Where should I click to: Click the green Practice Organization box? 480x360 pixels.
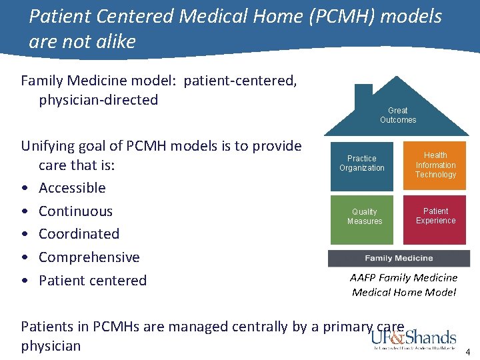(x=362, y=164)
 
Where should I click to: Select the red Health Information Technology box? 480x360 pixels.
(x=435, y=165)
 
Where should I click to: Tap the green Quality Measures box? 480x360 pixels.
(x=365, y=217)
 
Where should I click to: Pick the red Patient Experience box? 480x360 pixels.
(x=435, y=217)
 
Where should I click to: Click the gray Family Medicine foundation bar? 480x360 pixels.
(x=399, y=259)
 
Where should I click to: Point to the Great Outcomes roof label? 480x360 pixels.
(x=398, y=115)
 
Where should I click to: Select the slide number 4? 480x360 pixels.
(x=467, y=352)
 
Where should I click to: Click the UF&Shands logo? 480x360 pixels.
(x=414, y=339)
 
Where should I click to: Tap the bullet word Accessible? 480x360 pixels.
(x=72, y=188)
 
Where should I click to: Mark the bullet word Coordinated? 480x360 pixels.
(x=79, y=234)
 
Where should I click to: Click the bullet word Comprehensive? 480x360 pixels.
(x=89, y=257)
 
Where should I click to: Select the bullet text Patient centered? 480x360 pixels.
(x=92, y=281)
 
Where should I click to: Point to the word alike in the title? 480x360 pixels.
(x=113, y=42)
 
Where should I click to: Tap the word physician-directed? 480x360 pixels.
(x=98, y=100)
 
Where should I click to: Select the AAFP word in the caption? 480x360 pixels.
(x=364, y=277)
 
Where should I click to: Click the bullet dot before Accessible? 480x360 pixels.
(x=25, y=189)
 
